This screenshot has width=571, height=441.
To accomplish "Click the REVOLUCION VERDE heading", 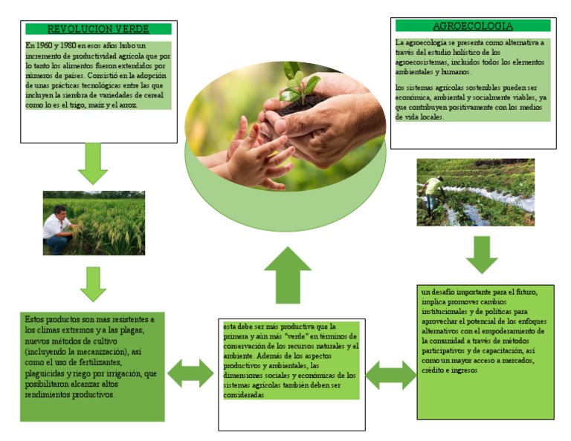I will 98,29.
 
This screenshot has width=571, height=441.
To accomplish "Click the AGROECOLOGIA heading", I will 473,25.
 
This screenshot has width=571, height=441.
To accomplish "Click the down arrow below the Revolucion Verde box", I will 93,163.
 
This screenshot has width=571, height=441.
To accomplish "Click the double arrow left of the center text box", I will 190,373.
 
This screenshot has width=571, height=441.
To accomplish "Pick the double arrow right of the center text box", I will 391,375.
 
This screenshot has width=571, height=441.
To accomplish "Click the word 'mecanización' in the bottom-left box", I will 97,350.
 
